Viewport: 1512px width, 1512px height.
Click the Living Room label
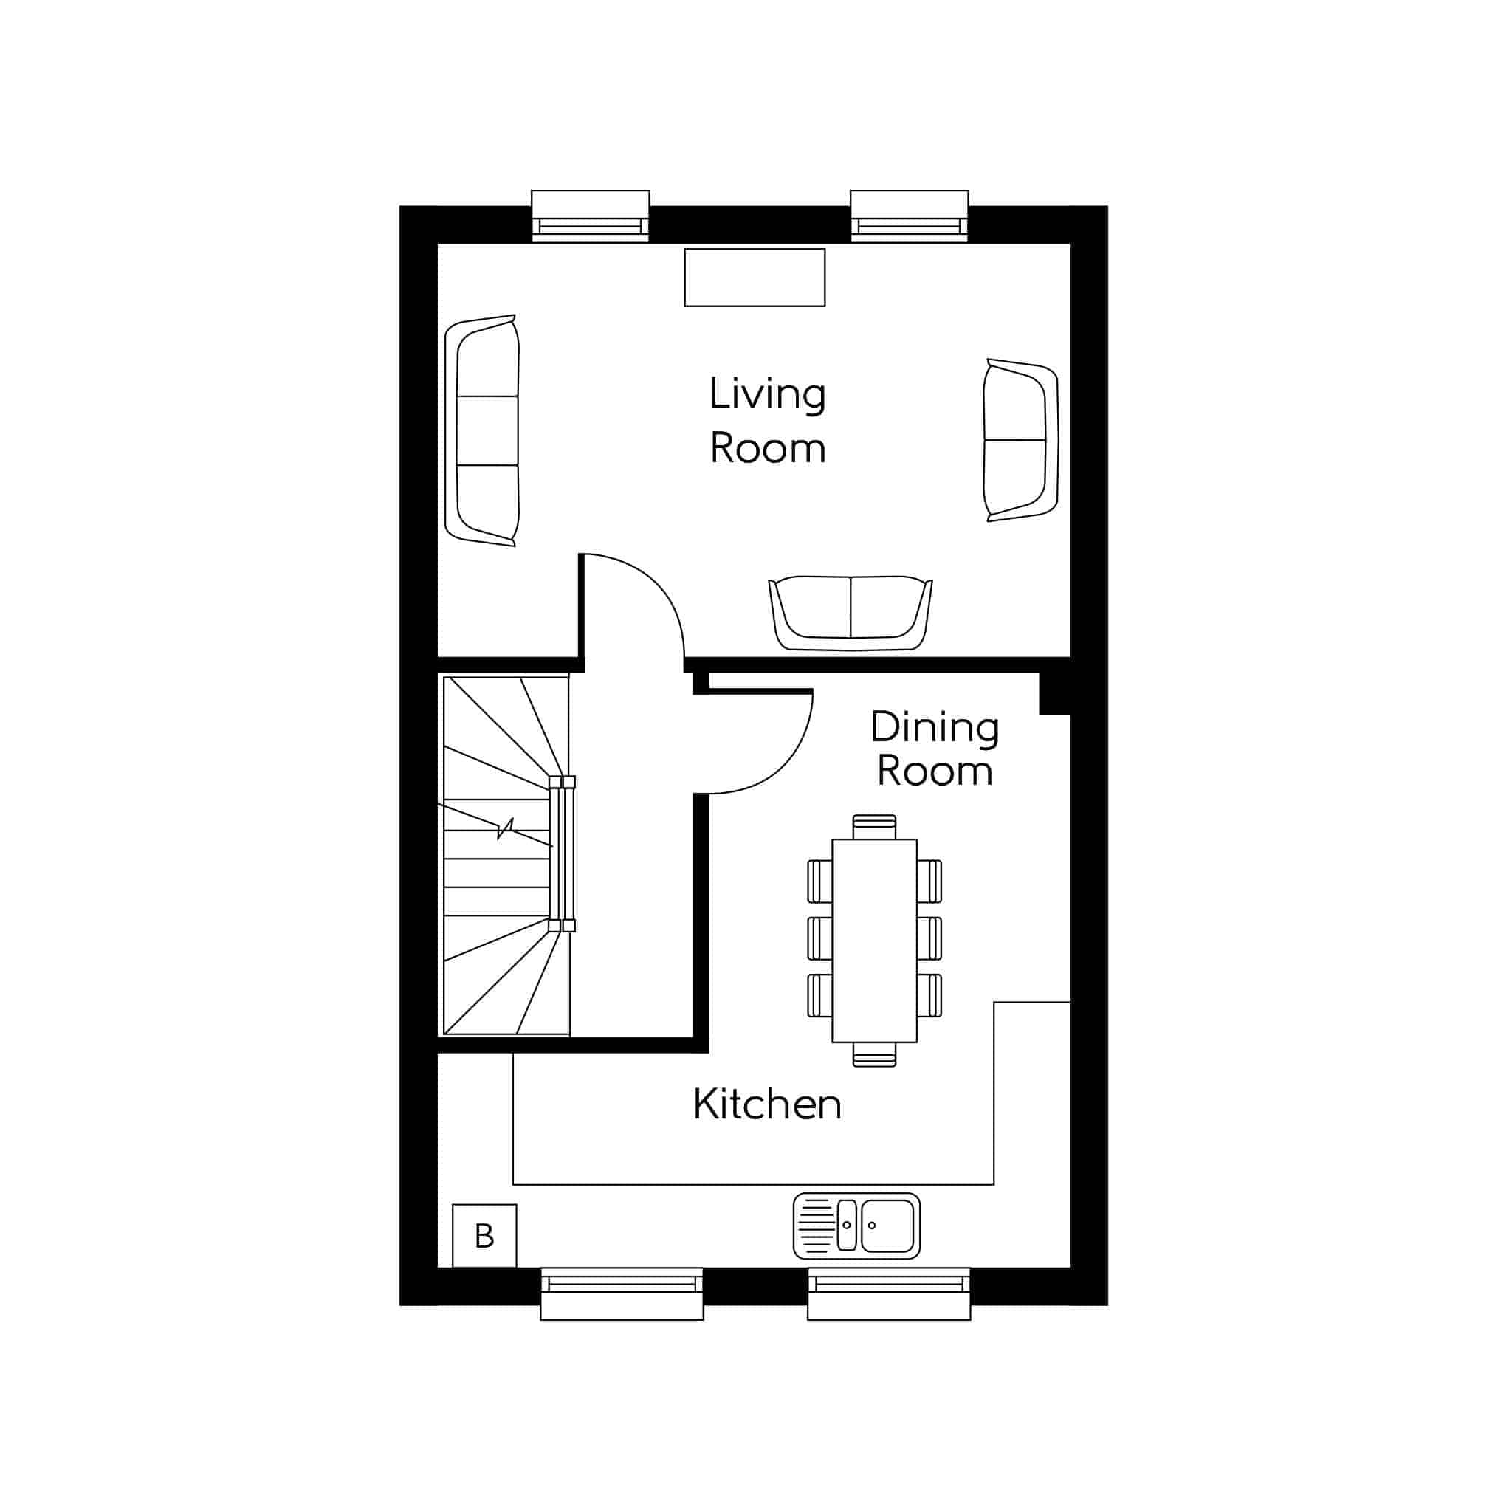click(767, 420)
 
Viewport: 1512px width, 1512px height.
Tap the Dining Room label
click(935, 749)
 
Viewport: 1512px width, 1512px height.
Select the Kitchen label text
click(767, 1104)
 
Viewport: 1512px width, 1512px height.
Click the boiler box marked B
click(484, 1236)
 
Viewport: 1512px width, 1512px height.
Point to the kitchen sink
click(856, 1226)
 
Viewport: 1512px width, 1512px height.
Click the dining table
click(874, 941)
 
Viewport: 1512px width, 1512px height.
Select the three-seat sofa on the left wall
click(482, 430)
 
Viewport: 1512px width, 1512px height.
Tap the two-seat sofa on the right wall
click(1020, 440)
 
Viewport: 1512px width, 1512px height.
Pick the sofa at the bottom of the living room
click(850, 614)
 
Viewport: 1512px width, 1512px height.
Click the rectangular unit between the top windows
click(755, 277)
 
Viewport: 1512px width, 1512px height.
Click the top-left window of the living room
click(590, 216)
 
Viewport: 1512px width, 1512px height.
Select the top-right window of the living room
click(910, 216)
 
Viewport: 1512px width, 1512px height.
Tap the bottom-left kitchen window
click(622, 1294)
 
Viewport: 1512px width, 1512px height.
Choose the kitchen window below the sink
click(889, 1294)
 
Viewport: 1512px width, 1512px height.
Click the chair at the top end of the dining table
click(874, 826)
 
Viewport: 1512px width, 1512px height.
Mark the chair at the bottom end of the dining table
click(874, 1055)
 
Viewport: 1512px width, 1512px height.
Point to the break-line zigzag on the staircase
click(506, 828)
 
